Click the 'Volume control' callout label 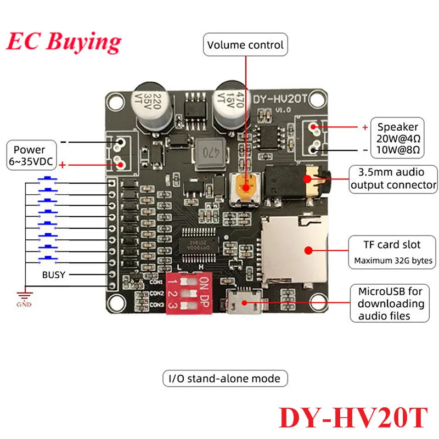[x=245, y=44]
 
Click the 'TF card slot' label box [x=392, y=251]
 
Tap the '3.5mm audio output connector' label [x=393, y=179]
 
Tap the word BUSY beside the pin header [x=54, y=274]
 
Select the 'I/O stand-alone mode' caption [x=225, y=378]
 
